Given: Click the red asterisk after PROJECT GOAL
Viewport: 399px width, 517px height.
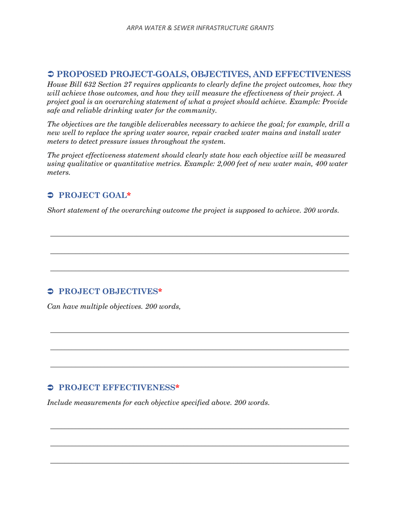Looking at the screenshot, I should pyautogui.click(x=129, y=195).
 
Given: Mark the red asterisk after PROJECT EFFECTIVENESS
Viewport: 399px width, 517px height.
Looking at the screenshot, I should pyautogui.click(x=177, y=387).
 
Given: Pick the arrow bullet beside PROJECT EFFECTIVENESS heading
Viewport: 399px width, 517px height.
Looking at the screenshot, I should pyautogui.click(x=50, y=387).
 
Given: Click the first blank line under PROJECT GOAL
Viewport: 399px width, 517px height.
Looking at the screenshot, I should pyautogui.click(x=199, y=236).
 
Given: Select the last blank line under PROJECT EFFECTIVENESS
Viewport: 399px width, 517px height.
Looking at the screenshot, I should pyautogui.click(x=199, y=463).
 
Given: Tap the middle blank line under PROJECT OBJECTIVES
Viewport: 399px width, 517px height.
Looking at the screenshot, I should pyautogui.click(x=199, y=349).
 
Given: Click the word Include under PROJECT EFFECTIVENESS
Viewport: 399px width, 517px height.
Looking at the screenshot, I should pyautogui.click(x=60, y=402).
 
